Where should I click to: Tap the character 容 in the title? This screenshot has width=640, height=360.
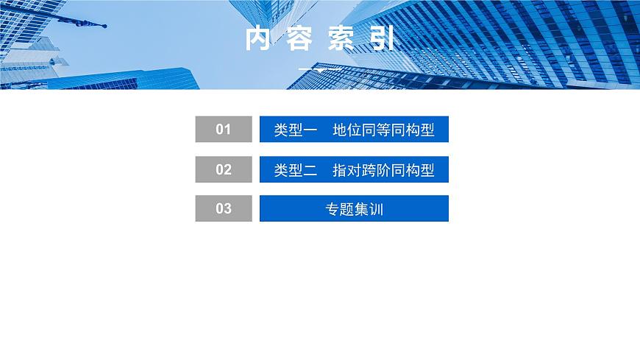(x=299, y=39)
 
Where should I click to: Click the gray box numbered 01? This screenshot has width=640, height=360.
(x=224, y=130)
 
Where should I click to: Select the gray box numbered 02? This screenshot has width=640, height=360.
(x=224, y=170)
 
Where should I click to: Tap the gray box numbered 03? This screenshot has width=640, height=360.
(x=224, y=209)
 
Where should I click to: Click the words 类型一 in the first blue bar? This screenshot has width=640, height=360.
(x=295, y=130)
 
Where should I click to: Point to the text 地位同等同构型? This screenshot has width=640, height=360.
(x=383, y=130)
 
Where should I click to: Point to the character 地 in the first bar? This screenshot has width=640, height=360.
(x=340, y=130)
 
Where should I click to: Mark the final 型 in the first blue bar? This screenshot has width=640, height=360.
(x=427, y=130)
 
